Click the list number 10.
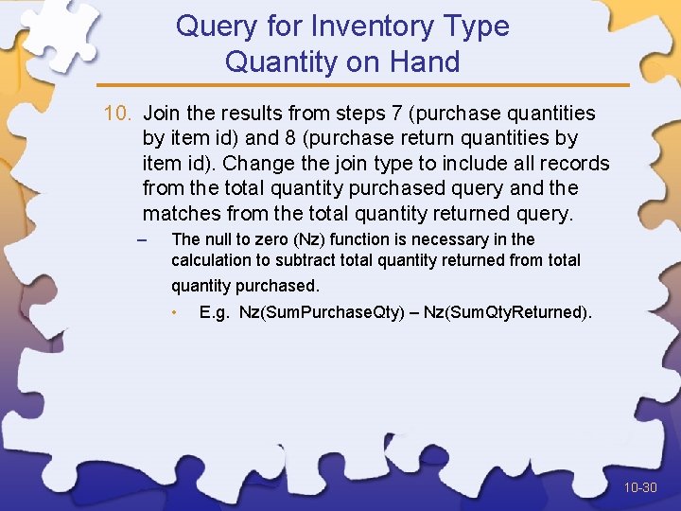pyautogui.click(x=118, y=114)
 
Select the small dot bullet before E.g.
pyautogui.click(x=174, y=311)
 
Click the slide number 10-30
pyautogui.click(x=640, y=488)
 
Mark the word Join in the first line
pyautogui.click(x=163, y=114)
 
